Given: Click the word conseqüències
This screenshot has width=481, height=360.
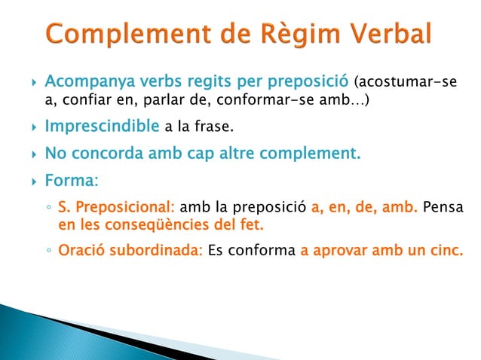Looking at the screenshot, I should click(x=167, y=224).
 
